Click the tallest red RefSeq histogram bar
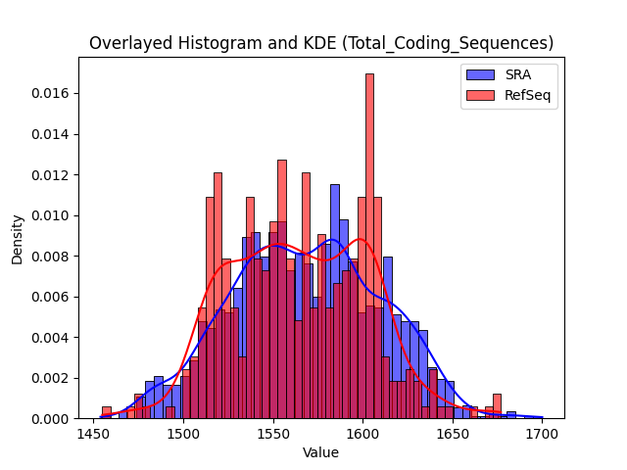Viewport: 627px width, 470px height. (370, 246)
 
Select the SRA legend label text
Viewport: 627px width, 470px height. (518, 74)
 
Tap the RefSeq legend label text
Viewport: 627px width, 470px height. (527, 95)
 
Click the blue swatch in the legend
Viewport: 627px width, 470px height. (480, 74)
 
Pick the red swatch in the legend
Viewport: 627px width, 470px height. (480, 95)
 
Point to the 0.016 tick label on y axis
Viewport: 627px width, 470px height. (50, 94)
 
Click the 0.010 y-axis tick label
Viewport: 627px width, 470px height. (50, 215)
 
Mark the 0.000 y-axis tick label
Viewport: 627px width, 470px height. (50, 419)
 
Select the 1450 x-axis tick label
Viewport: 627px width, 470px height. (94, 434)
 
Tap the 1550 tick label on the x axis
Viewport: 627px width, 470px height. (273, 434)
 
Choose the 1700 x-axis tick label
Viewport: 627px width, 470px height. (542, 434)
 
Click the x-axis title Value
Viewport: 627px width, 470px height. (320, 452)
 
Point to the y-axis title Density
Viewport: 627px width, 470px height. (18, 240)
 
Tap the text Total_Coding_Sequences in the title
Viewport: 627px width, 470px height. (448, 43)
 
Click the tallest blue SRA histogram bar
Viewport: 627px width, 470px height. (335, 302)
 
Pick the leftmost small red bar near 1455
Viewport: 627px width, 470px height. (107, 412)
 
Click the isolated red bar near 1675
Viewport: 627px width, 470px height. (497, 406)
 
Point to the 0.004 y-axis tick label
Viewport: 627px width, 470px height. (50, 338)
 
